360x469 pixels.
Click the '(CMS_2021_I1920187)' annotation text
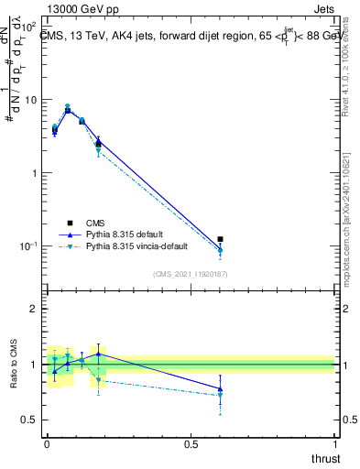tap(190, 274)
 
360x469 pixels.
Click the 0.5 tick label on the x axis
tap(191, 444)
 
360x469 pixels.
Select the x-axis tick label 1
tap(336, 444)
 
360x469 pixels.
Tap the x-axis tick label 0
tap(47, 444)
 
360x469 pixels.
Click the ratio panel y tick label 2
tap(33, 310)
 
